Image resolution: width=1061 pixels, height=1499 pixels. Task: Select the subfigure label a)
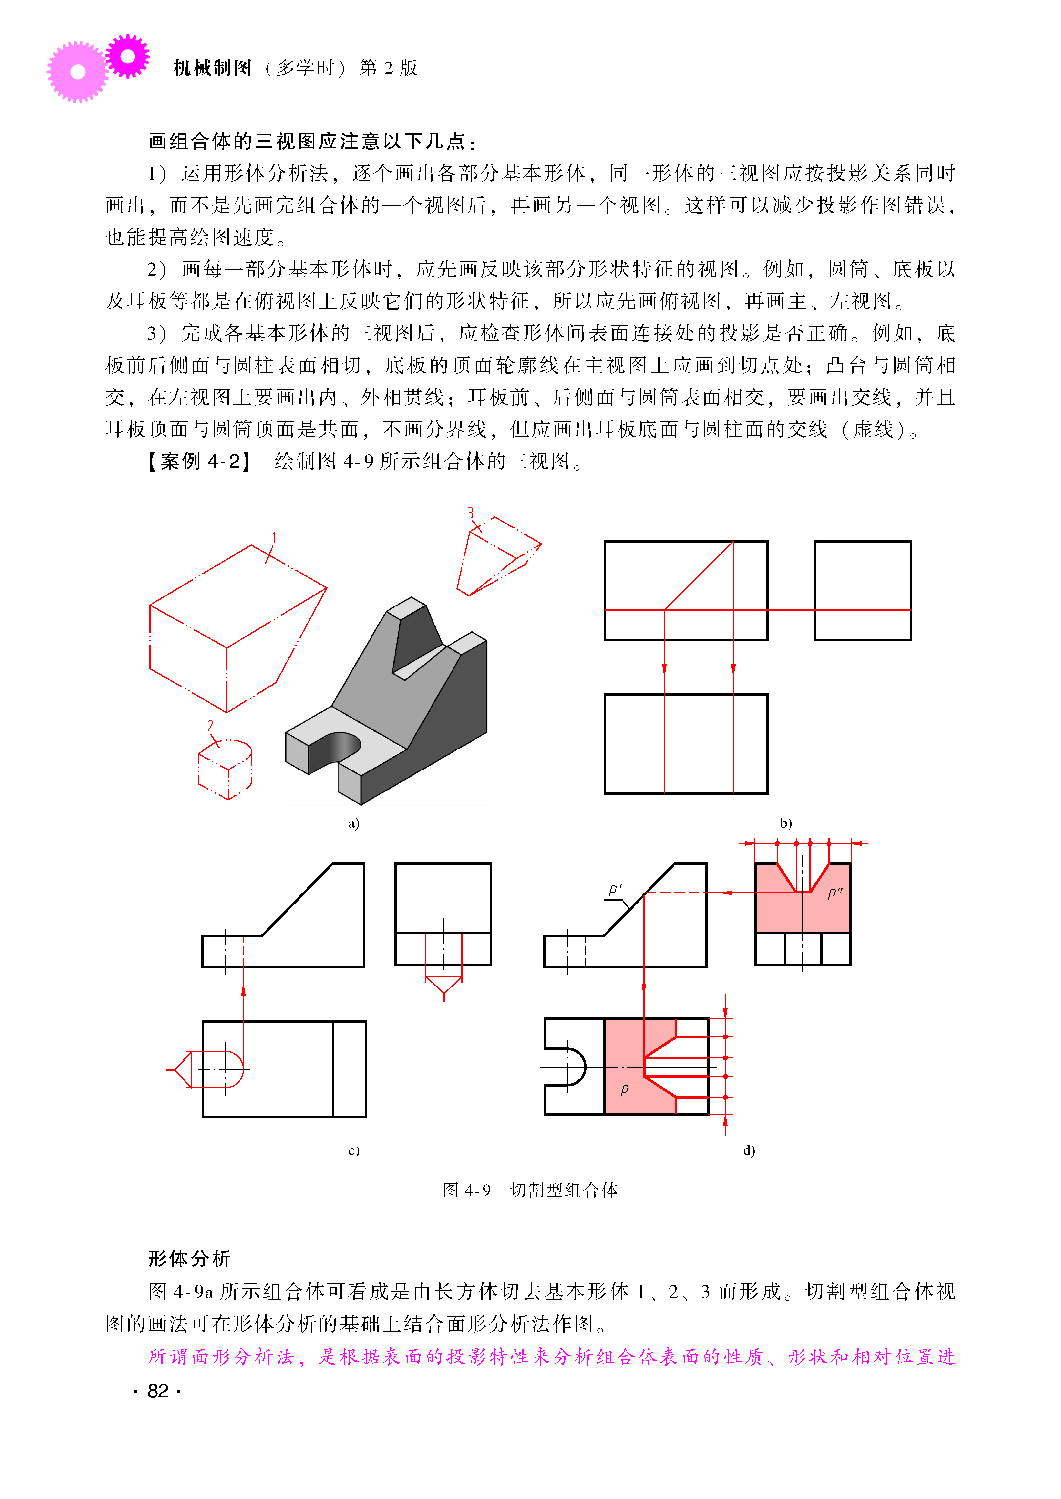click(353, 823)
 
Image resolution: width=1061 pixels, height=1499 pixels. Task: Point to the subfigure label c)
click(353, 1150)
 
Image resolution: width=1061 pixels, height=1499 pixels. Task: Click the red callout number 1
click(274, 538)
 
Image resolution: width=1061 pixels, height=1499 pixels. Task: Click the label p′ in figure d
click(615, 890)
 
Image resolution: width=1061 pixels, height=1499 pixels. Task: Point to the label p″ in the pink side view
click(834, 893)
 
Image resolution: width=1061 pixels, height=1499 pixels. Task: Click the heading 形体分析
click(189, 1259)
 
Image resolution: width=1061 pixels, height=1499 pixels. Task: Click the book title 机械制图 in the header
click(212, 68)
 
